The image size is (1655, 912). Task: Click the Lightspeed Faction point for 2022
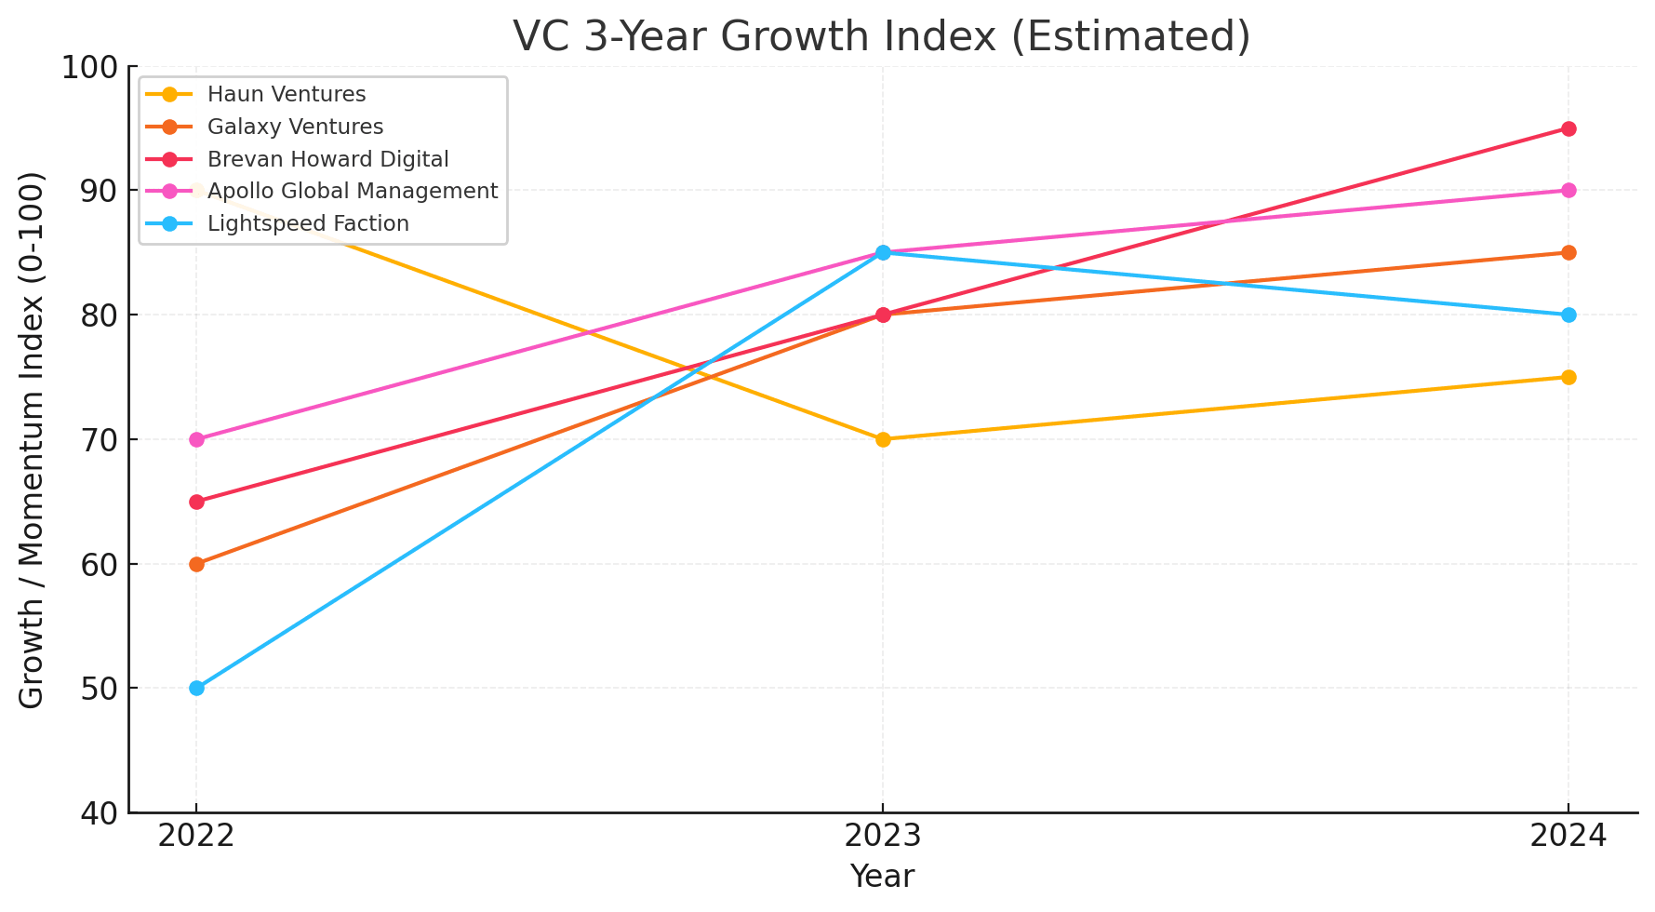pyautogui.click(x=196, y=688)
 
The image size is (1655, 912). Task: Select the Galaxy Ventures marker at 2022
pyautogui.click(x=196, y=564)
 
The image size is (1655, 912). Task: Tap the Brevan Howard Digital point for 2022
pyautogui.click(x=196, y=502)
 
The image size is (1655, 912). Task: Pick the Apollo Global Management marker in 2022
pyautogui.click(x=196, y=439)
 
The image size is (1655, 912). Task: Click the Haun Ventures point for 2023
pyautogui.click(x=883, y=439)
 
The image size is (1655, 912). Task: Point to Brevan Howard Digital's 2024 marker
pyautogui.click(x=1568, y=128)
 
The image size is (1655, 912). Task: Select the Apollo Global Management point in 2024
pyautogui.click(x=1568, y=191)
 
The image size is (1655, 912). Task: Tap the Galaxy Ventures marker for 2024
pyautogui.click(x=1568, y=252)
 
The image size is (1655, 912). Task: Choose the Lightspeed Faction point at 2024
pyautogui.click(x=1568, y=315)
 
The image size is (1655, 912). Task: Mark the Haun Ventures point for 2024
pyautogui.click(x=1568, y=377)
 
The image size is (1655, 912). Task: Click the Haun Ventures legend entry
pyautogui.click(x=287, y=94)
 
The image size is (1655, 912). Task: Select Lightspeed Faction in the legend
pyautogui.click(x=308, y=223)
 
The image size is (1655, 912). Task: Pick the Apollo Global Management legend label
pyautogui.click(x=353, y=191)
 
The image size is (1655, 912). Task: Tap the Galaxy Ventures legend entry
pyautogui.click(x=295, y=127)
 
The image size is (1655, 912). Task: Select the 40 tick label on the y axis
pyautogui.click(x=98, y=813)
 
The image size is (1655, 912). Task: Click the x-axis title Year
pyautogui.click(x=882, y=877)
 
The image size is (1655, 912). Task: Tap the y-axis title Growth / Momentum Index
pyautogui.click(x=33, y=439)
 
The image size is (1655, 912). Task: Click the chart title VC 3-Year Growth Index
pyautogui.click(x=882, y=37)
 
